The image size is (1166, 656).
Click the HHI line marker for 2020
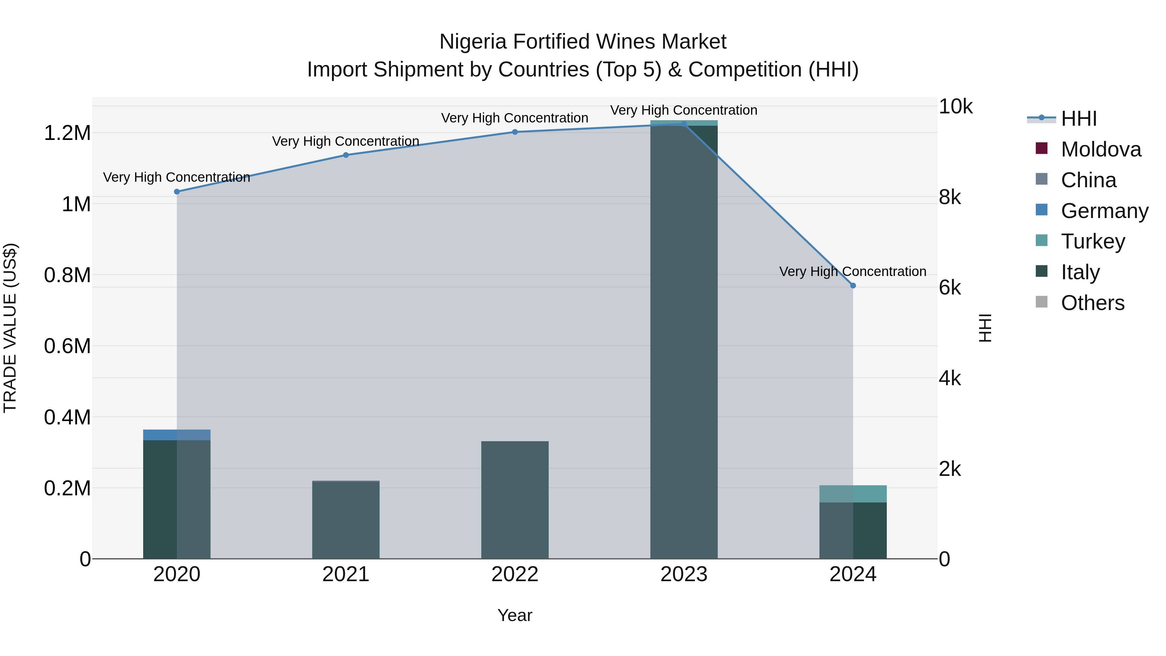[177, 191]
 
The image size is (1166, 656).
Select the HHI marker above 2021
[346, 155]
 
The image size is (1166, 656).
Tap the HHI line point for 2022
[515, 132]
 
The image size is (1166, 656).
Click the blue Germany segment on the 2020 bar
[177, 435]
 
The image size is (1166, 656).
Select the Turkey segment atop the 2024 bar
[853, 493]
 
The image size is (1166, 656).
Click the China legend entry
[1088, 180]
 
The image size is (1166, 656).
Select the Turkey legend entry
[1093, 241]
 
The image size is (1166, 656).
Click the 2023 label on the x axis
[683, 574]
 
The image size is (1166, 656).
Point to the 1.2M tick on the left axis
[67, 133]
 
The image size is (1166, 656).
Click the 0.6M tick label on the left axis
[67, 346]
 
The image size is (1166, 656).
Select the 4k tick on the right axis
[950, 378]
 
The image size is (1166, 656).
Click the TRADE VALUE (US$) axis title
[10, 328]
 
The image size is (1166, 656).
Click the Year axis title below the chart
[515, 615]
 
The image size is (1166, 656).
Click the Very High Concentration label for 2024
[852, 271]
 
